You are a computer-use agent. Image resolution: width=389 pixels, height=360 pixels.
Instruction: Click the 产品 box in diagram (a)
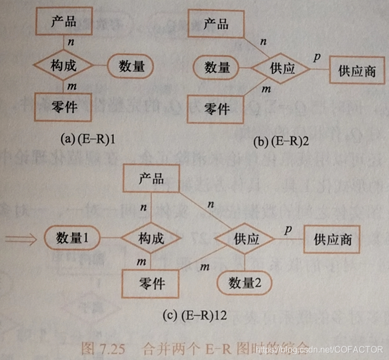(x=63, y=22)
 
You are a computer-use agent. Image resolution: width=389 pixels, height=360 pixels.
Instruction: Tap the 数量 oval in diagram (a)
(x=131, y=67)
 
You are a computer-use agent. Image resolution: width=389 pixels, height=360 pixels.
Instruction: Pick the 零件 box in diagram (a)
(x=63, y=108)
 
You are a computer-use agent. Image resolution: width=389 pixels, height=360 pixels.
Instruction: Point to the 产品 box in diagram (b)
(x=215, y=24)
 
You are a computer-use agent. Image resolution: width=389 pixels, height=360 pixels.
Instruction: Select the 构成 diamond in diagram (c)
(x=151, y=238)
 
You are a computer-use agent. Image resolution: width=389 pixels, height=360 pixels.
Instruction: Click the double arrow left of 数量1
(x=21, y=237)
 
